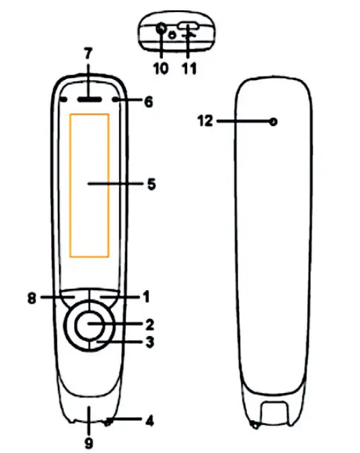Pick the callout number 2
coord(149,324)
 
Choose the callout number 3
coord(149,343)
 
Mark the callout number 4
coord(149,421)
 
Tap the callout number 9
coord(88,443)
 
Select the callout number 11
coord(190,68)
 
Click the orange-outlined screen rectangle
coord(89,185)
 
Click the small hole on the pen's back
coord(273,122)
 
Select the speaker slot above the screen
coord(89,98)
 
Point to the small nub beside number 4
coord(108,423)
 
